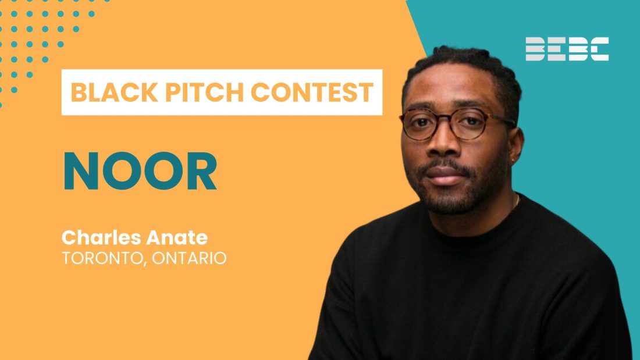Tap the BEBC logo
(x=567, y=49)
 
